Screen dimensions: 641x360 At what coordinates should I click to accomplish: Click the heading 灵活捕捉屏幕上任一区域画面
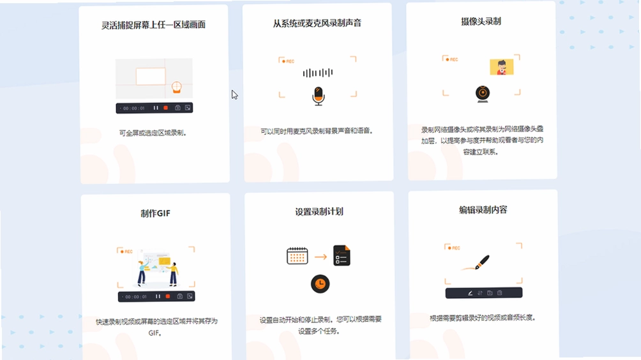click(x=153, y=25)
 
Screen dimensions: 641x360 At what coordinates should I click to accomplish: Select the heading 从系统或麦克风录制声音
click(x=317, y=23)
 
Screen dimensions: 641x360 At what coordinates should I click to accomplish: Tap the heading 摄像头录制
click(x=481, y=21)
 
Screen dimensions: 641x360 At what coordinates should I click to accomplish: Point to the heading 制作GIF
click(x=155, y=213)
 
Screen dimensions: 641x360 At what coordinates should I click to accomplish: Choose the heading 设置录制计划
click(x=319, y=212)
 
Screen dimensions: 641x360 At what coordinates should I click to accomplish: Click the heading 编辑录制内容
click(x=483, y=210)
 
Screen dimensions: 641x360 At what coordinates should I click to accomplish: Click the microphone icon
click(x=319, y=96)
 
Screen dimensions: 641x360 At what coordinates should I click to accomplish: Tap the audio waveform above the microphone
click(x=318, y=73)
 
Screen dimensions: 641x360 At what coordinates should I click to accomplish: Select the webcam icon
click(x=483, y=94)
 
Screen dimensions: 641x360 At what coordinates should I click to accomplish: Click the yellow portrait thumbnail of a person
click(x=502, y=67)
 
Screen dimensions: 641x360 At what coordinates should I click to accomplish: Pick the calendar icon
click(x=298, y=256)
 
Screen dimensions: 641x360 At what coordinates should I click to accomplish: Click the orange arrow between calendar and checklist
click(x=320, y=257)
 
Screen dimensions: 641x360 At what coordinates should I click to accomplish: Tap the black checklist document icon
click(x=342, y=255)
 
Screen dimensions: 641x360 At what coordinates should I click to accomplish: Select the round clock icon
click(x=320, y=284)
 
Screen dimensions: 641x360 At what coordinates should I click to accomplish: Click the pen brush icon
click(x=481, y=262)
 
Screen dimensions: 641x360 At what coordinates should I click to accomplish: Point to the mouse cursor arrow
click(x=234, y=95)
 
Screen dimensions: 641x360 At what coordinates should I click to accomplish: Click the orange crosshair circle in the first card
click(x=177, y=87)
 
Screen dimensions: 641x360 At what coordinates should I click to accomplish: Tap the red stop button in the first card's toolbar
click(x=165, y=108)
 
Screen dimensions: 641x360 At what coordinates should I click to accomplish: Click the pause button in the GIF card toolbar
click(x=158, y=297)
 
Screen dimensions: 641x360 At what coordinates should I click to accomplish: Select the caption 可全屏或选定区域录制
click(x=153, y=133)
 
